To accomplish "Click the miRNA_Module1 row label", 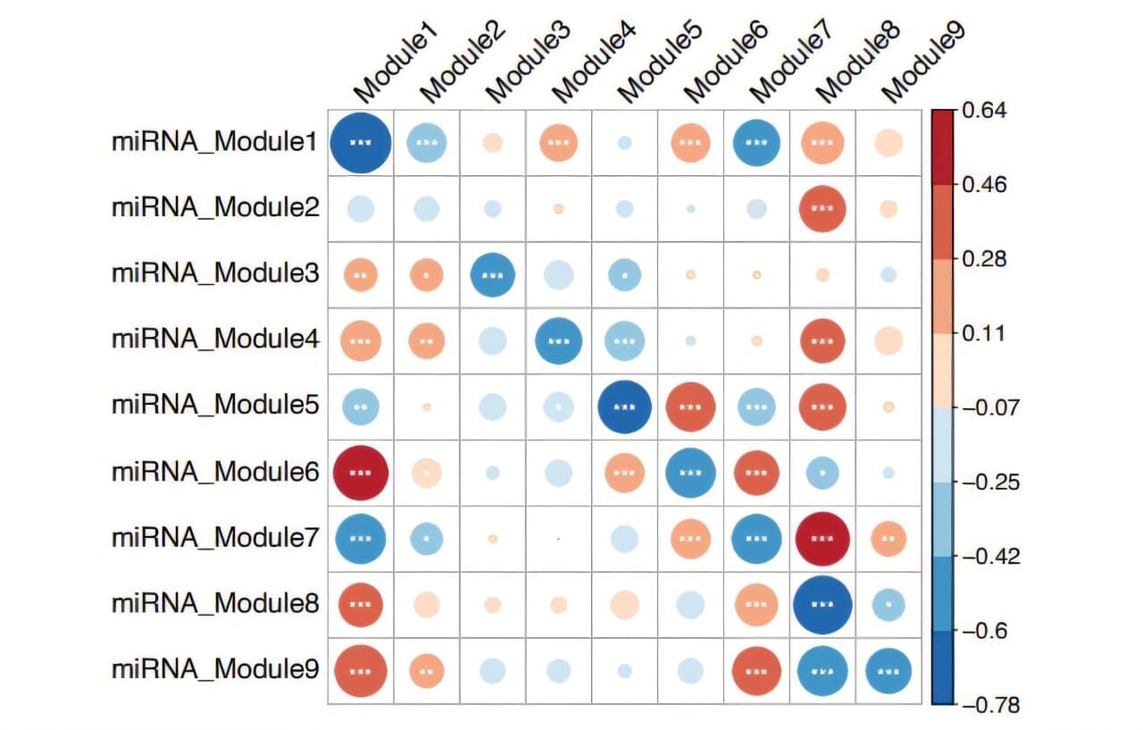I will click(x=214, y=142).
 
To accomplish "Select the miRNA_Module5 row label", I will click(x=214, y=406).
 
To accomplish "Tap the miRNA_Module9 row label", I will click(x=214, y=669).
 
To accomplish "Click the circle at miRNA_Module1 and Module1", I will click(x=361, y=142).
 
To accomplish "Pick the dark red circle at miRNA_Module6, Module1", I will click(x=361, y=472).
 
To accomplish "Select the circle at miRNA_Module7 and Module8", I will click(x=822, y=539).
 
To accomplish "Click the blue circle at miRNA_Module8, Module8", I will click(x=822, y=604).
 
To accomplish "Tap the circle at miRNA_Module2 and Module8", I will click(x=822, y=208).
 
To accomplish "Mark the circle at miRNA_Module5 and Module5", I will click(x=625, y=406).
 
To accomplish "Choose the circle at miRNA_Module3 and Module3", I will click(x=493, y=274).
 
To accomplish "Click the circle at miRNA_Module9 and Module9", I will click(x=888, y=671).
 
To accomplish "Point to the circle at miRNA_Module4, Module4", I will click(x=559, y=340).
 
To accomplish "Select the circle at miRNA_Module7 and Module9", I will click(x=888, y=539).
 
